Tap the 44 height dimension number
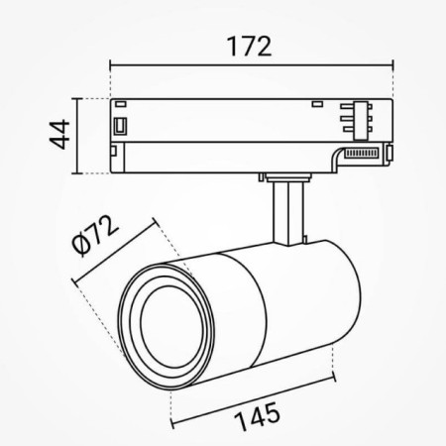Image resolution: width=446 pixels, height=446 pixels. pos(58,134)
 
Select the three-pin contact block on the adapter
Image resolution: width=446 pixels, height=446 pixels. pos(352,120)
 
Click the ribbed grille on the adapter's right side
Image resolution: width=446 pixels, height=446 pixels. pos(364,153)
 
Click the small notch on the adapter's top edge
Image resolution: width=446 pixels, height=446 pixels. pos(317,103)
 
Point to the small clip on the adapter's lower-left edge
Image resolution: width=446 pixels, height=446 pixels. pos(116,154)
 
